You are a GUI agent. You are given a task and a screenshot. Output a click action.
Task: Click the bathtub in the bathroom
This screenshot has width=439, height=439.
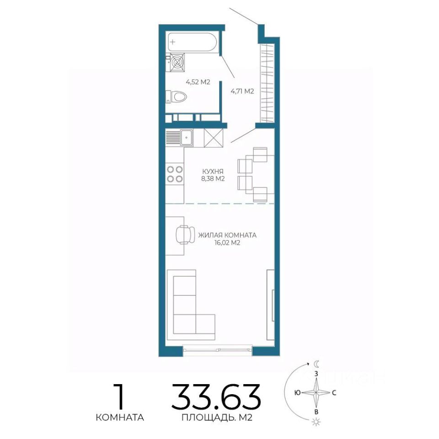(192, 42)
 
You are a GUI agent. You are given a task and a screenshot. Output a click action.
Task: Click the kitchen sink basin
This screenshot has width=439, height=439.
(186, 138)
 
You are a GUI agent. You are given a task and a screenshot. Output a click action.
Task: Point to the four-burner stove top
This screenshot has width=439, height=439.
(175, 174)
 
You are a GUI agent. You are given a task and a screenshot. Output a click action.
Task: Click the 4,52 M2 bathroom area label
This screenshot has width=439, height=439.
(198, 82)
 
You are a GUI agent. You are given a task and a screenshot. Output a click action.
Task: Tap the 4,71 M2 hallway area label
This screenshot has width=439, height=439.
(242, 91)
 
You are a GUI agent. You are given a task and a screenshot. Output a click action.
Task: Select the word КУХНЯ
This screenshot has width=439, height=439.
(213, 171)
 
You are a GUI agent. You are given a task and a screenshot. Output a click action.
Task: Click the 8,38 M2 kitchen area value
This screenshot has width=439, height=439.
(213, 179)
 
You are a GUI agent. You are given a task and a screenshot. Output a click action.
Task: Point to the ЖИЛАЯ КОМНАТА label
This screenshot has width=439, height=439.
(227, 235)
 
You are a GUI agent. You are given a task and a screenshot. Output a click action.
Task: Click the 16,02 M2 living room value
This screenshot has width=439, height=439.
(227, 243)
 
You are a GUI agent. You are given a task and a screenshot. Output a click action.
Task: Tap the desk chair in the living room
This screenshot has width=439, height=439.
(185, 235)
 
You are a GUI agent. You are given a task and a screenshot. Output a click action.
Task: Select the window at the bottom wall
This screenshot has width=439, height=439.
(218, 350)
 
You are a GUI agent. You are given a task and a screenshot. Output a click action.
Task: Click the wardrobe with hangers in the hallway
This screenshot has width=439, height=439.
(267, 83)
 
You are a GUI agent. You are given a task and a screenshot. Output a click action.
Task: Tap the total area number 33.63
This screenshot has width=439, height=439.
(216, 396)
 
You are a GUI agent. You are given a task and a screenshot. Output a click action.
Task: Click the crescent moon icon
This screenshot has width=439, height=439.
(316, 364)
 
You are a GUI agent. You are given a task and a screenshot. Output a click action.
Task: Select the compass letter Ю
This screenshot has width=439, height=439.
(298, 392)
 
